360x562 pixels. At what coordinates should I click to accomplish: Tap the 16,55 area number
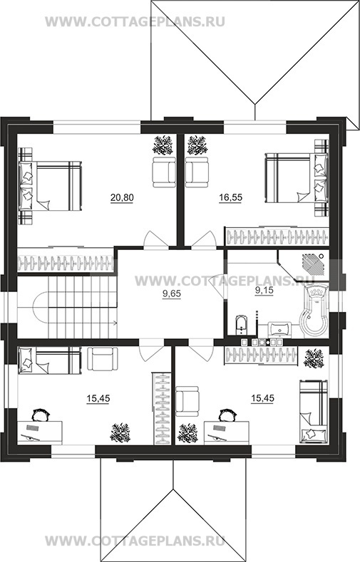[230, 197]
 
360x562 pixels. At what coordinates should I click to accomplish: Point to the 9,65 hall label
[172, 294]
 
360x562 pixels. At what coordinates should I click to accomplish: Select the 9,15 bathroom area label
[264, 291]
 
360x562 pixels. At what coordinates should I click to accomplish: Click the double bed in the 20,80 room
[51, 186]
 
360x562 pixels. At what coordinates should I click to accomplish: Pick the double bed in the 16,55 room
[296, 178]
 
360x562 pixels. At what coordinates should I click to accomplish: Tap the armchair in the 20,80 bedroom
[164, 172]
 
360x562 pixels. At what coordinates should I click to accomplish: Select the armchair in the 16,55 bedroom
[197, 172]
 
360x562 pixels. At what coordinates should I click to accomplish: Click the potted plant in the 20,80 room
[164, 145]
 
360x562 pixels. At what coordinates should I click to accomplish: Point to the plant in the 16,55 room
[197, 145]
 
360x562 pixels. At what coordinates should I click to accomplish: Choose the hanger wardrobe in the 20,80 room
[66, 263]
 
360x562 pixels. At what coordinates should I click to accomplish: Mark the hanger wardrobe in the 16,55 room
[277, 236]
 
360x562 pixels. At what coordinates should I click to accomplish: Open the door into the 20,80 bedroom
[156, 239]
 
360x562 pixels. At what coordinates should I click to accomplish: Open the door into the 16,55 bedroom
[204, 239]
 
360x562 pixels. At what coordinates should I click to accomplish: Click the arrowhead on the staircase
[114, 323]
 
